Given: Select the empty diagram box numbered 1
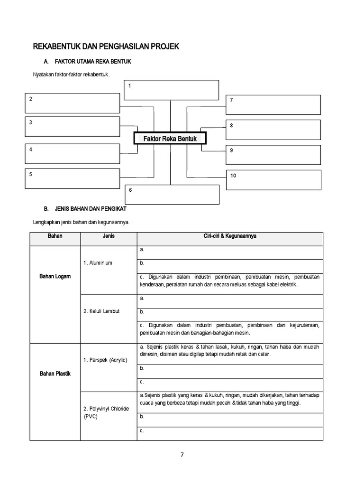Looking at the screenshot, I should pyautogui.click(x=171, y=90).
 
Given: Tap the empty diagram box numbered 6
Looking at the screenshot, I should pyautogui.click(x=172, y=195).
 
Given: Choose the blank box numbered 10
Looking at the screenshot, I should pyautogui.click(x=273, y=180).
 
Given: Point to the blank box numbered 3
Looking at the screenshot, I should pyautogui.click(x=72, y=127).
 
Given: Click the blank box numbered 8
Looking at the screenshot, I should pyautogui.click(x=273, y=130).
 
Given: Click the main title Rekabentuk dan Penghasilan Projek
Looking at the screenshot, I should pyautogui.click(x=106, y=47).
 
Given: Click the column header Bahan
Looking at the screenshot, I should pyautogui.click(x=55, y=236).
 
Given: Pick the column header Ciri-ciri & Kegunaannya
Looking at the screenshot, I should pyautogui.click(x=230, y=236).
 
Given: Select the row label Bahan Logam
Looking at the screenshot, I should pyautogui.click(x=55, y=276).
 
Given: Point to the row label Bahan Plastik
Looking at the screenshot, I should pyautogui.click(x=55, y=374).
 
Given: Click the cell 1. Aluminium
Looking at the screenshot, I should pyautogui.click(x=98, y=263).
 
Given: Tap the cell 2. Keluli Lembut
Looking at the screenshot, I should pyautogui.click(x=101, y=311).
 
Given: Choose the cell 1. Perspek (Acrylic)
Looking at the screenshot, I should pyautogui.click(x=105, y=360).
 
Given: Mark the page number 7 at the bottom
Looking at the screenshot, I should pyautogui.click(x=182, y=454).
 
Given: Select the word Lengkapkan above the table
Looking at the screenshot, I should pyautogui.click(x=47, y=222).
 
